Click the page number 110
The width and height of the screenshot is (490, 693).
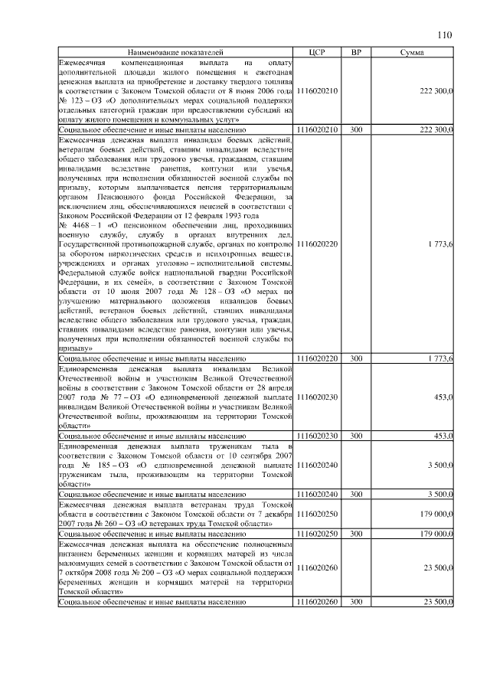(446, 34)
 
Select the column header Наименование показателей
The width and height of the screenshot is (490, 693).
(175, 51)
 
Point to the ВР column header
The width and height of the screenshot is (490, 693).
(356, 51)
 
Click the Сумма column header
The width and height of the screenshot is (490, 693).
(413, 51)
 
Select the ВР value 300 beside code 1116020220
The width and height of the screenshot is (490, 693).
(356, 358)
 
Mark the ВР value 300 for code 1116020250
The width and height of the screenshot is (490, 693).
(356, 532)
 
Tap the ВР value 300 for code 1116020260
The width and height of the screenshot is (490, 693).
(356, 602)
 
